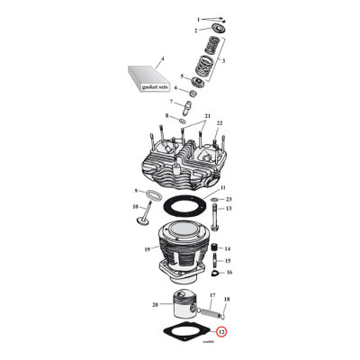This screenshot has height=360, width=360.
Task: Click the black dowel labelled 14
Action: tap(216, 248)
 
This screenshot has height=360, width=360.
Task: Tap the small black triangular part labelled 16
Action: tap(216, 272)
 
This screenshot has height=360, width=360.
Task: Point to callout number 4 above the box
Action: tap(162, 58)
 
